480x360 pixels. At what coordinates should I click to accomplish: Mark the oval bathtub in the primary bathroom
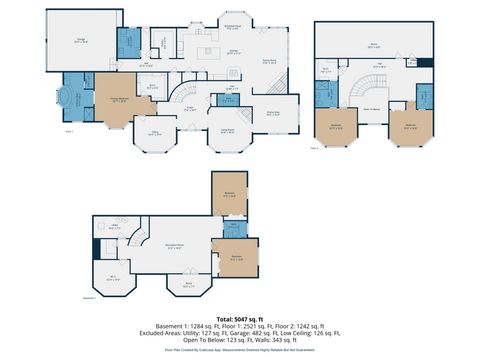point(71,99)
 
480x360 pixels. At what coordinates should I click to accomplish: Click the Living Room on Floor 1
point(227,130)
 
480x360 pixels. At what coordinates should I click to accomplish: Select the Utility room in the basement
point(115,229)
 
